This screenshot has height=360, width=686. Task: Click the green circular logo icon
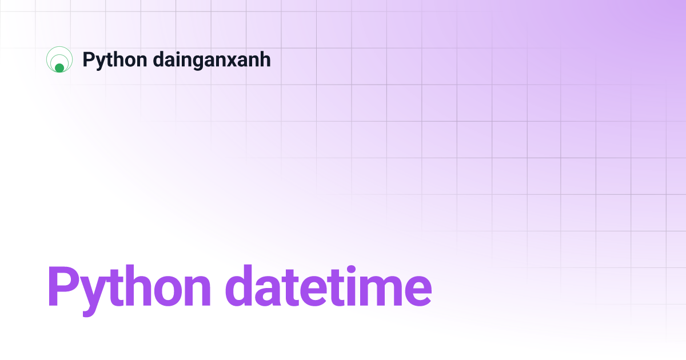[x=59, y=59]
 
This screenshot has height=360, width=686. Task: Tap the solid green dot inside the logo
[x=59, y=68]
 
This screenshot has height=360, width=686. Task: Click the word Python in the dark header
[x=114, y=59]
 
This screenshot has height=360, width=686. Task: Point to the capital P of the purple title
[x=62, y=286]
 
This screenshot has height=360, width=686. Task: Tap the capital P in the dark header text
[x=88, y=59]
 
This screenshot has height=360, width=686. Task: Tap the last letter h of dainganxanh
[x=265, y=59]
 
